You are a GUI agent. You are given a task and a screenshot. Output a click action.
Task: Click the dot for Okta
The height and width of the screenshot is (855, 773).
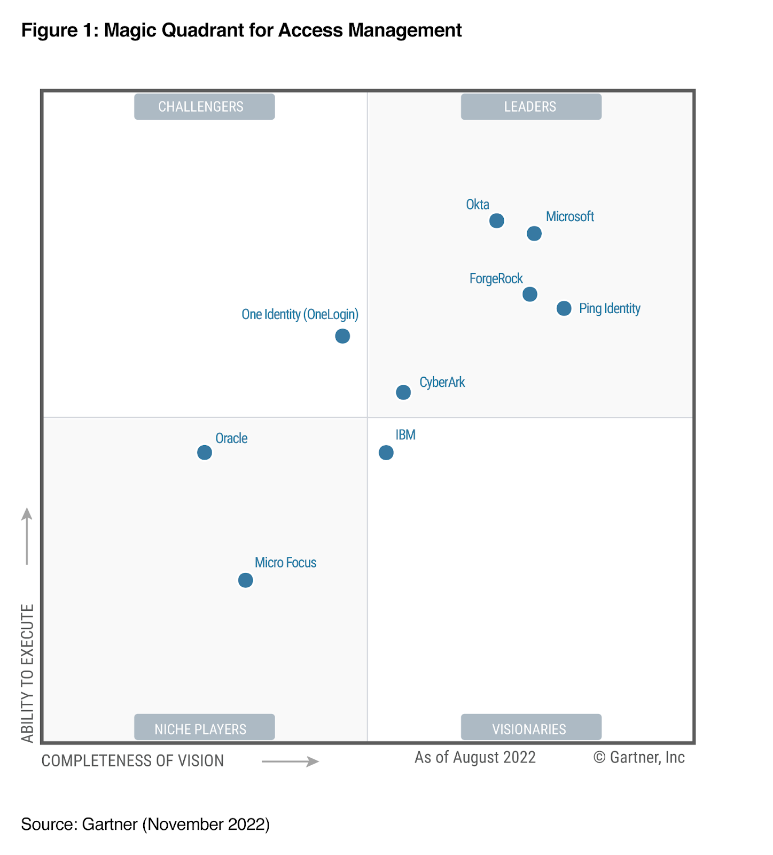pyautogui.click(x=496, y=221)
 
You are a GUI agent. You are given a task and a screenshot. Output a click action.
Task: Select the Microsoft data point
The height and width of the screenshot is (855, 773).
pyautogui.click(x=534, y=234)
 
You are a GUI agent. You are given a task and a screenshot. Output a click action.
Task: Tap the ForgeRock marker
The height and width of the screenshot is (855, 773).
pyautogui.click(x=529, y=294)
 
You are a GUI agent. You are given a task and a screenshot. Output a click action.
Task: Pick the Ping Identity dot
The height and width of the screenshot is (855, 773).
pyautogui.click(x=564, y=308)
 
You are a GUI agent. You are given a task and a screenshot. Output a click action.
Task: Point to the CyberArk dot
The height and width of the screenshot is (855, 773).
pyautogui.click(x=403, y=392)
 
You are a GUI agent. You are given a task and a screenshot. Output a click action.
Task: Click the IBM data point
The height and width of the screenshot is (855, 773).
pyautogui.click(x=386, y=453)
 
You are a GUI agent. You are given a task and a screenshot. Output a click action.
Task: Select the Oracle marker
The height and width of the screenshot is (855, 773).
pyautogui.click(x=204, y=453)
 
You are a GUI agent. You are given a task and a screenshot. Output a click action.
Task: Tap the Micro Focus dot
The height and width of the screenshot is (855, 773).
pyautogui.click(x=245, y=580)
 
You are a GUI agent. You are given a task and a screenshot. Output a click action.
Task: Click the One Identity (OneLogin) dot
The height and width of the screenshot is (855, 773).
pyautogui.click(x=342, y=336)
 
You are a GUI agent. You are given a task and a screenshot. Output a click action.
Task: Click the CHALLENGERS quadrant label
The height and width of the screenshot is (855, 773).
pyautogui.click(x=204, y=107)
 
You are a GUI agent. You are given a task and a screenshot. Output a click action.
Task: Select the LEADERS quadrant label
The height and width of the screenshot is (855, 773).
pyautogui.click(x=530, y=107)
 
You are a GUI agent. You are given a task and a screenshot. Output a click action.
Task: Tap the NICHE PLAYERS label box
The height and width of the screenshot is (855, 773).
pyautogui.click(x=204, y=728)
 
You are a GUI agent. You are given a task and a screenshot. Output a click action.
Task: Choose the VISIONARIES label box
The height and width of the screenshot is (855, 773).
pyautogui.click(x=530, y=728)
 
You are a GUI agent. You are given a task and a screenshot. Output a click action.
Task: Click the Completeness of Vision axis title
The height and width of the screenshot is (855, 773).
pyautogui.click(x=132, y=761)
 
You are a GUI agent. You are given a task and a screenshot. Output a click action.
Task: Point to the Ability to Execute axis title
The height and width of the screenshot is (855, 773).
pyautogui.click(x=28, y=673)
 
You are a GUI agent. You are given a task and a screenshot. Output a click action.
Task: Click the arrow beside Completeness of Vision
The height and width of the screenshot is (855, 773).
pyautogui.click(x=290, y=761)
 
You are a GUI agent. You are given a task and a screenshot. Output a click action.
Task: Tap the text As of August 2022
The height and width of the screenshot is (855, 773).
pyautogui.click(x=475, y=758)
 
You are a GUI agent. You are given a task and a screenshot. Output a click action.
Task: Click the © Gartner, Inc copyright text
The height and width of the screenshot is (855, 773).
pyautogui.click(x=639, y=758)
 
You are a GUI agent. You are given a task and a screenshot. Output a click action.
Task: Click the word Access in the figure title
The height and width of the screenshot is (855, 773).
pyautogui.click(x=311, y=30)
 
